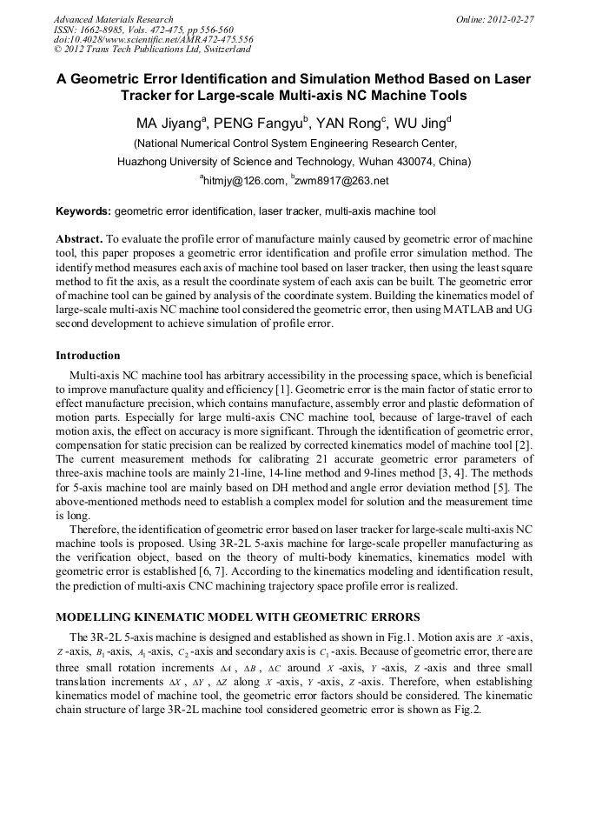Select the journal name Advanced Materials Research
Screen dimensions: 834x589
click(x=113, y=19)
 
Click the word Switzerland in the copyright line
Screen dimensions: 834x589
click(x=220, y=50)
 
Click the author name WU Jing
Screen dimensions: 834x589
click(x=419, y=122)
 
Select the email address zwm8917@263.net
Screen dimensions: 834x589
click(x=342, y=181)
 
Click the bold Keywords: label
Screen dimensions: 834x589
click(x=83, y=211)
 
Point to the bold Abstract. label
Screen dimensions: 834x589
click(x=80, y=238)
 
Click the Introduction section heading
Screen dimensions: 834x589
click(x=88, y=356)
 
